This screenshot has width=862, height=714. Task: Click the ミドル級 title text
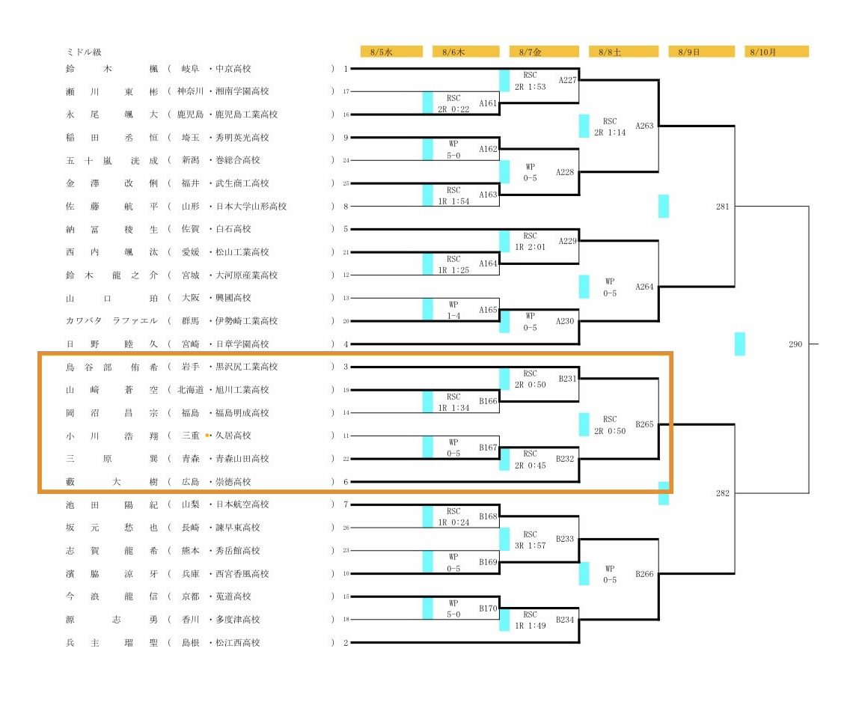click(84, 52)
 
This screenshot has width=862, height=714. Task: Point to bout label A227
click(567, 80)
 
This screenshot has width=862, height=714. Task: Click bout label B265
click(644, 424)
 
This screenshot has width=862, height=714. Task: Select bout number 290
click(795, 344)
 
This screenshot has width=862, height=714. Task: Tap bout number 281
click(722, 207)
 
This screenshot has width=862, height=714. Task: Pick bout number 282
click(722, 493)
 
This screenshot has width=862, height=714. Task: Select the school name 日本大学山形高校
click(251, 207)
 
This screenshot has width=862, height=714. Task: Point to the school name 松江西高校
click(237, 642)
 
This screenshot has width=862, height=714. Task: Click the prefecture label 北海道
click(190, 389)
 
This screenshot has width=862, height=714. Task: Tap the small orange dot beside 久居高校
click(207, 435)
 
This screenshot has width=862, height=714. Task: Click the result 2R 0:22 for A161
click(453, 109)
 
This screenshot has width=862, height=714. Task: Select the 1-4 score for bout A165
click(453, 316)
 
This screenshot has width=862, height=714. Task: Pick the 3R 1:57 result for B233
click(530, 546)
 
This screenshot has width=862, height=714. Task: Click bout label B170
click(488, 608)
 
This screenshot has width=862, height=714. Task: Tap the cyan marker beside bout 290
click(740, 344)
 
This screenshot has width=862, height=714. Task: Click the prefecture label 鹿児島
click(190, 115)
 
